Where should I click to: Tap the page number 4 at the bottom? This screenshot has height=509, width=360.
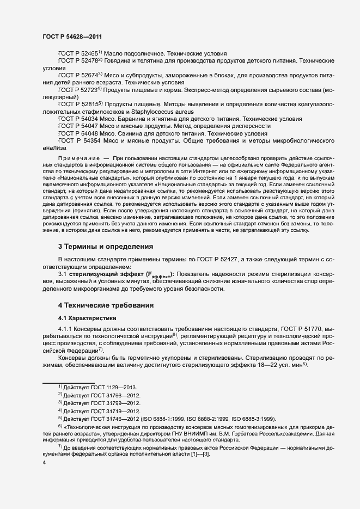click(44, 463)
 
